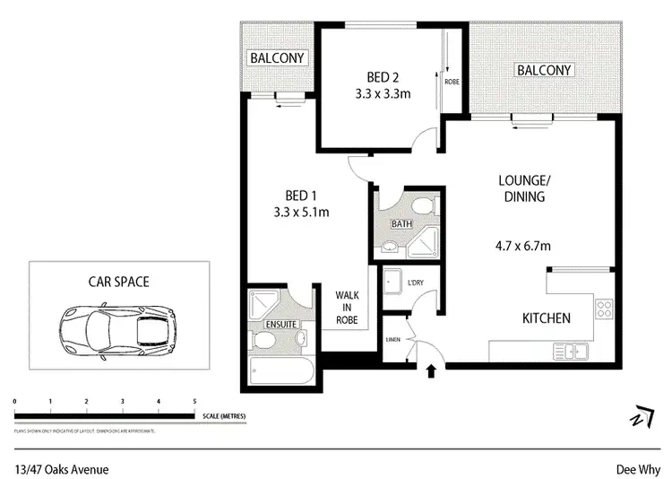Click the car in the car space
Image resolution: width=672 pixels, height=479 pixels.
click(x=118, y=324)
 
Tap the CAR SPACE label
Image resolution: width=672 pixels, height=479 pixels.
click(x=118, y=281)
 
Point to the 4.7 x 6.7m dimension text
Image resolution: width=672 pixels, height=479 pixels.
click(x=522, y=241)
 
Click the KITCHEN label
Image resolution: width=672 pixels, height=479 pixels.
click(x=547, y=318)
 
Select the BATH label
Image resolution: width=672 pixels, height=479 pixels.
click(x=400, y=223)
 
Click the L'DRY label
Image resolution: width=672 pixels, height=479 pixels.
click(x=415, y=283)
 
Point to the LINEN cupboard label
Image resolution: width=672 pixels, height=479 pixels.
click(x=393, y=338)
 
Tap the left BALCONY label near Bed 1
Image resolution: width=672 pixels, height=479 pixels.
click(x=278, y=58)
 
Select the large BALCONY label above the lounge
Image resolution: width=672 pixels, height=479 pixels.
click(x=544, y=70)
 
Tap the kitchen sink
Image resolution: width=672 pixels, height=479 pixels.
click(x=568, y=351)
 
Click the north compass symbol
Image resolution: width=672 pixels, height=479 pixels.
click(x=640, y=420)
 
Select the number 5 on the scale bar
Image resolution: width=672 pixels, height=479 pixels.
click(x=194, y=401)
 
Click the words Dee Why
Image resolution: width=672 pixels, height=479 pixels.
click(x=637, y=467)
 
